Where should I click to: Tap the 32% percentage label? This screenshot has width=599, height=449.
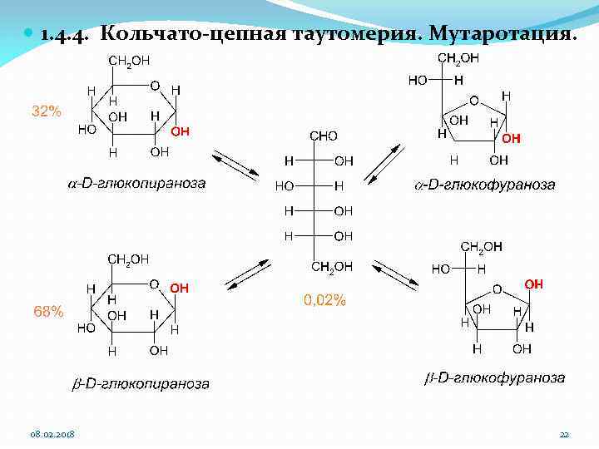[x=47, y=111]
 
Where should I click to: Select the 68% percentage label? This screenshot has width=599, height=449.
[x=47, y=312]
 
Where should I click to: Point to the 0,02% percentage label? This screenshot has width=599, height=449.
[x=324, y=301]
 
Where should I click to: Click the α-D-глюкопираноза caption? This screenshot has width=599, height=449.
[x=136, y=183]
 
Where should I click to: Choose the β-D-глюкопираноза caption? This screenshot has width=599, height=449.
[x=140, y=384]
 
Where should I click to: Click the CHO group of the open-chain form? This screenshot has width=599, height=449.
[x=323, y=135]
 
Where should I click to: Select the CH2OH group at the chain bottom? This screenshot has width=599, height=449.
[x=332, y=266]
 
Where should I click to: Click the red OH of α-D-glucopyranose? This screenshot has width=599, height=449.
[x=181, y=131]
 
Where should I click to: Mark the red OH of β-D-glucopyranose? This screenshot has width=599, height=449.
[x=180, y=288]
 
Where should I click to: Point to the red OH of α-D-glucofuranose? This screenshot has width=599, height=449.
[x=512, y=139]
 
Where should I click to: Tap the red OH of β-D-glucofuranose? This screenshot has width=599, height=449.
[x=533, y=284]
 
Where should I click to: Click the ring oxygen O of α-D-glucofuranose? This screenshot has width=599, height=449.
[x=473, y=101]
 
